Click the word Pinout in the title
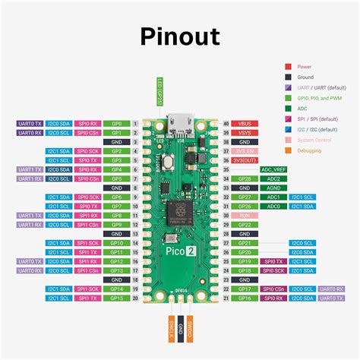tap(179, 36)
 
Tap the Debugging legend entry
tap(308, 151)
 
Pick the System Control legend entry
tap(313, 141)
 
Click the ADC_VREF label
tap(273, 169)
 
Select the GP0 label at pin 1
tap(116, 122)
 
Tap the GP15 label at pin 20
tap(116, 298)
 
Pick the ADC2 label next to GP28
tap(273, 178)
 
